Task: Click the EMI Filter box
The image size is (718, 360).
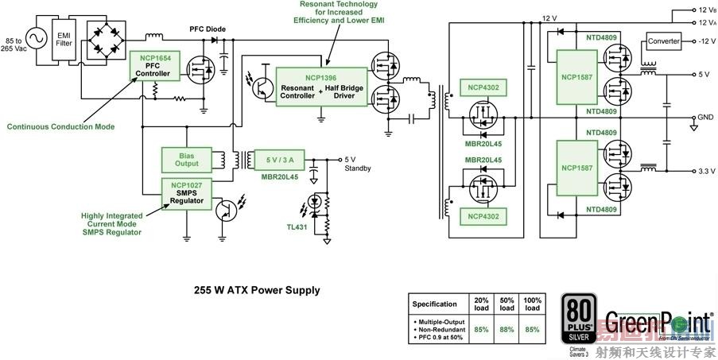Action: point(64,35)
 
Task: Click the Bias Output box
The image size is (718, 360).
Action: point(187,158)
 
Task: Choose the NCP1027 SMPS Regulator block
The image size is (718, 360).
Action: point(187,194)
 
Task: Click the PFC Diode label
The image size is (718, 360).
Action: point(207,29)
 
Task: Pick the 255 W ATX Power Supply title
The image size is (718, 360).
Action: point(258,290)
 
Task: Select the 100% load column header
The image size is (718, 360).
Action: point(534,304)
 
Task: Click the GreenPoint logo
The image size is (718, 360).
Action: point(658,322)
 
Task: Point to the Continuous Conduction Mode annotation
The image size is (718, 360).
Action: point(60,126)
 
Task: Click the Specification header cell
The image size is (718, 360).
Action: point(435,304)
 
